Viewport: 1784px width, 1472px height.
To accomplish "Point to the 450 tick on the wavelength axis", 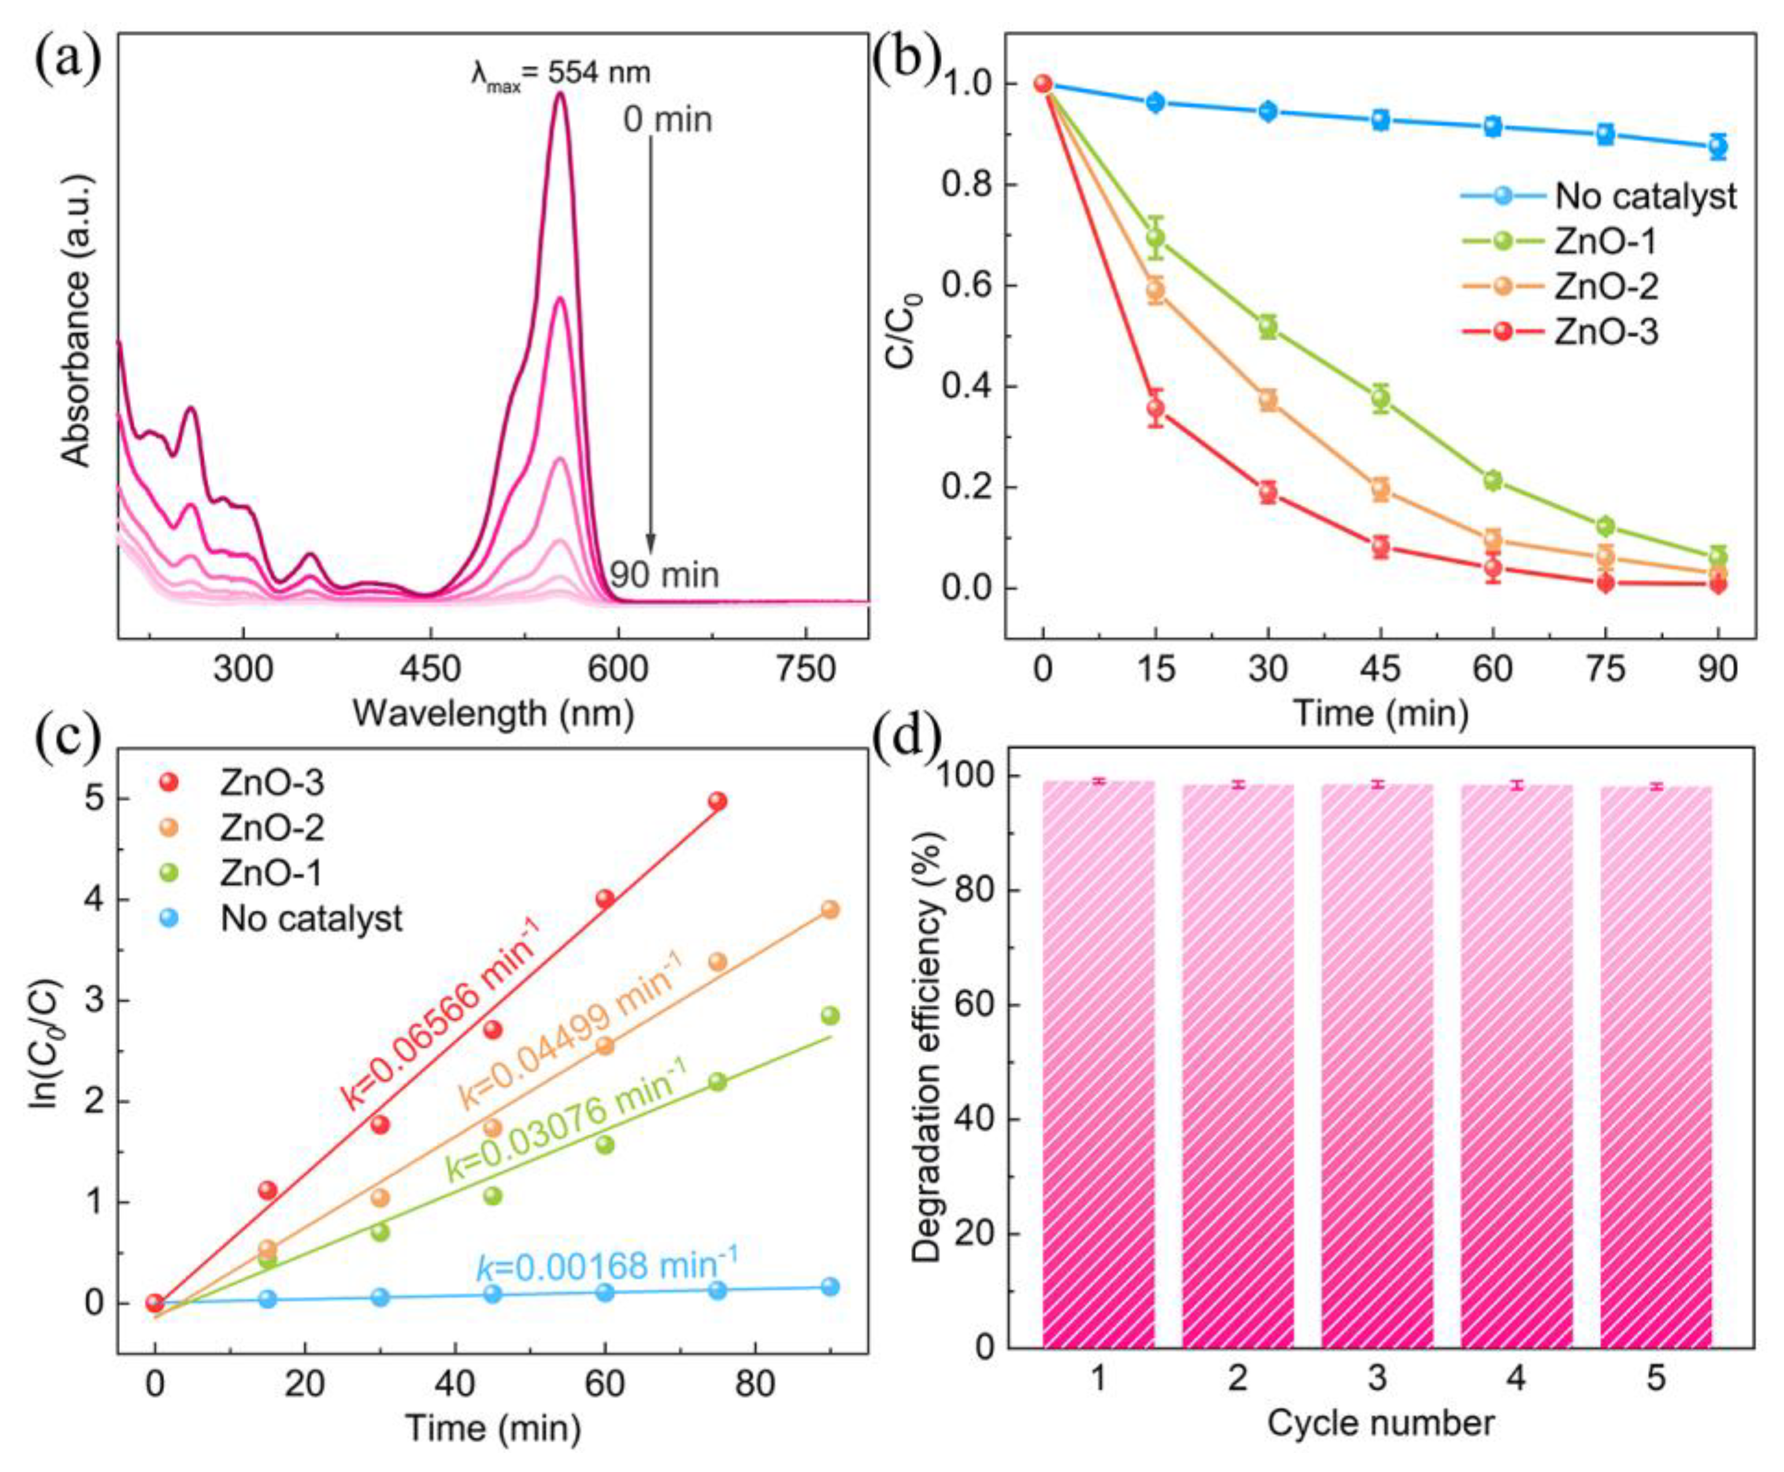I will pos(431,670).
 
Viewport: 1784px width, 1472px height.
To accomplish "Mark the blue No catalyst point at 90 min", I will pos(1717,146).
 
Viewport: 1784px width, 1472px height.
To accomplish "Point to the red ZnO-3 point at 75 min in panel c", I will pos(717,801).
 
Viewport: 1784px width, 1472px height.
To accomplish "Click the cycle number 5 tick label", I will pos(1655,1378).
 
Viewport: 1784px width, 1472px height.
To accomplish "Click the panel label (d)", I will pos(910,738).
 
